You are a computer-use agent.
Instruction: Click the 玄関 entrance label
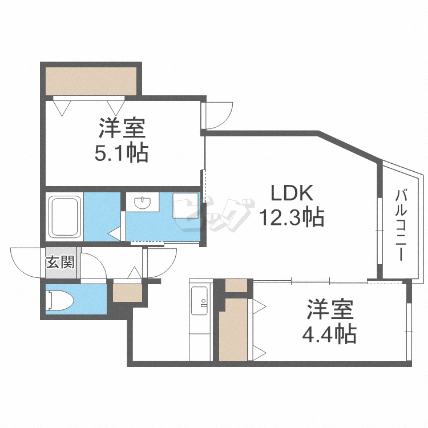pos(60,263)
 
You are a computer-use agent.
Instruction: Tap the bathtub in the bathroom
pos(64,217)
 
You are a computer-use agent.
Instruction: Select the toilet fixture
pos(59,301)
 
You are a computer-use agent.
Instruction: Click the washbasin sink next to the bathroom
pos(142,202)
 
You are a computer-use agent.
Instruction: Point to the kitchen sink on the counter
pos(200,301)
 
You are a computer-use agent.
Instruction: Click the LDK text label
pos(292,193)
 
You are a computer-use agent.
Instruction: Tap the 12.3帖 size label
pos(292,217)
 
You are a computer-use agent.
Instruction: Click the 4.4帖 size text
pos(329,334)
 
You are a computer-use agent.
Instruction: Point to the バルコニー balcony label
pos(401,225)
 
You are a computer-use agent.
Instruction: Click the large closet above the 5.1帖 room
pos(91,82)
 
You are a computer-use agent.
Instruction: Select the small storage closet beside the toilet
pos(127,293)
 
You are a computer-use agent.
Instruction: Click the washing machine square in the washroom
pos(185,205)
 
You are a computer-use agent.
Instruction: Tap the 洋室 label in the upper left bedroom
pos(122,128)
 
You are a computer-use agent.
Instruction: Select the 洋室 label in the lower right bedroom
pos(330,309)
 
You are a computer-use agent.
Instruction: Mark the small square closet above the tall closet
pos(236,285)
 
